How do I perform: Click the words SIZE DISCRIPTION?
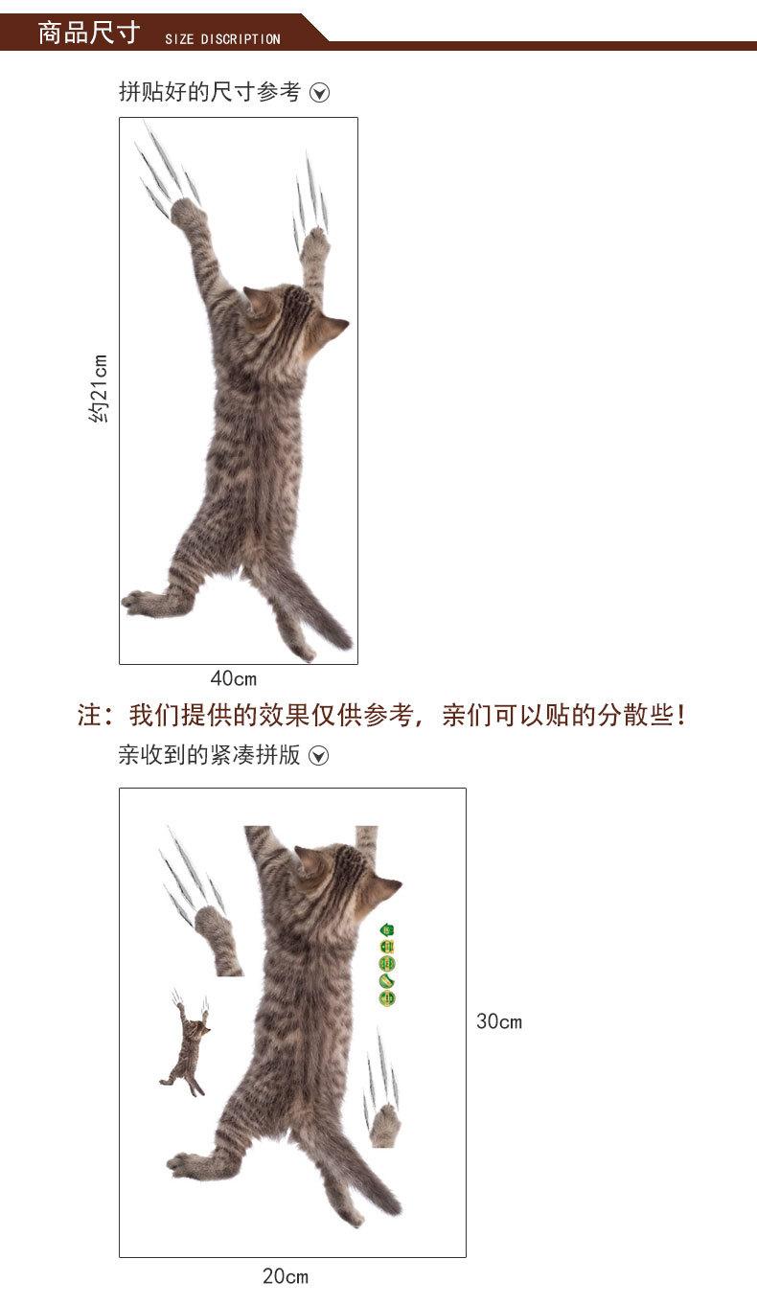222,39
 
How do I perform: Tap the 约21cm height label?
99,388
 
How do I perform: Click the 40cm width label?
234,678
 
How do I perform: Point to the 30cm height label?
499,1021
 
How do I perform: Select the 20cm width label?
286,1275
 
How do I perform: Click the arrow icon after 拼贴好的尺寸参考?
320,93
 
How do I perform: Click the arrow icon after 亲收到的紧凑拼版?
320,756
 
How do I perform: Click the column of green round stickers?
387,965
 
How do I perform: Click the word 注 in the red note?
89,715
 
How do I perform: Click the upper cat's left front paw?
187,214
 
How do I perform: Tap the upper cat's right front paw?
314,245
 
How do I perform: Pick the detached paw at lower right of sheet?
385,1125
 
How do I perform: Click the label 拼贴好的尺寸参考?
209,92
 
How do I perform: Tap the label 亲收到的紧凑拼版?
209,755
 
